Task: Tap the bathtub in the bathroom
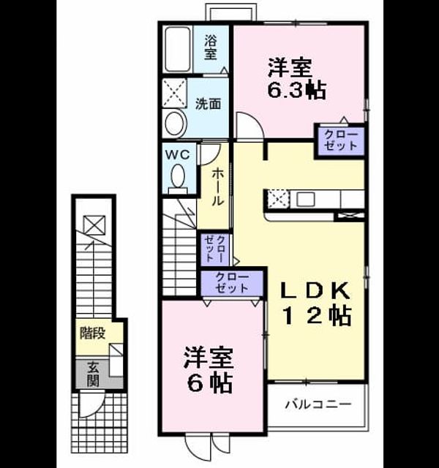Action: (178, 49)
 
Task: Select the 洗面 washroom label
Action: (208, 104)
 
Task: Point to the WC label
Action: (178, 155)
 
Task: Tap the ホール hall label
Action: (218, 186)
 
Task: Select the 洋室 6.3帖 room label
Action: (296, 78)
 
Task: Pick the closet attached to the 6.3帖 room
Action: (341, 140)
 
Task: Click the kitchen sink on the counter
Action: (305, 199)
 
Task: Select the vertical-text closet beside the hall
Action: (215, 249)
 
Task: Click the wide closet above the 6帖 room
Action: (232, 283)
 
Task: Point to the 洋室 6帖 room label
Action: (208, 369)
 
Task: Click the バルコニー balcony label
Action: (318, 404)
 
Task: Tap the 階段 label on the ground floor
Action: (92, 333)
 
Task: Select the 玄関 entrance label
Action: (93, 374)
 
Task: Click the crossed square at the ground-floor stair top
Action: (94, 224)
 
